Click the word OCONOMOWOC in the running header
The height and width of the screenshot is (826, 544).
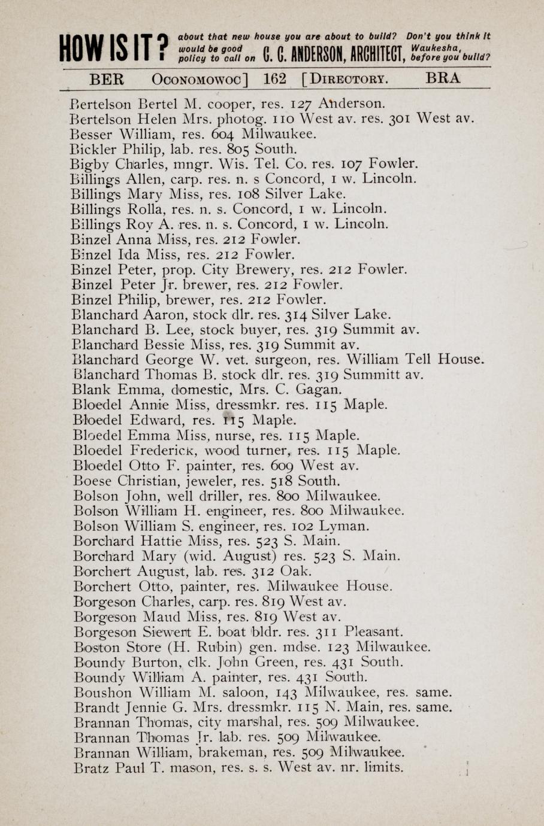[x=200, y=80]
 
